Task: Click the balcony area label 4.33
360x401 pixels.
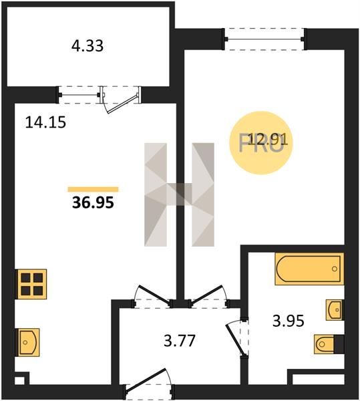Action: (87, 46)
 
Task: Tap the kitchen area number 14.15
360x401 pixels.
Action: (45, 122)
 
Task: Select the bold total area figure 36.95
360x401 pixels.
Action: (93, 203)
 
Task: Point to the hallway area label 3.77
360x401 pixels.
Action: (180, 341)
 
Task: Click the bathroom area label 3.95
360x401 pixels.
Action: (289, 321)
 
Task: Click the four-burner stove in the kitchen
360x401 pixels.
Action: (31, 284)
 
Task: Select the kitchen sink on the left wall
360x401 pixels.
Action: (28, 342)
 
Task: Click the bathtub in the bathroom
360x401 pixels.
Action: (309, 269)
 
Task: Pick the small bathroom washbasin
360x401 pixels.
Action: (335, 310)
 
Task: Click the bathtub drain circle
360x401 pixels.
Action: (335, 269)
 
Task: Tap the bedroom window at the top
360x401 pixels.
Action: (264, 39)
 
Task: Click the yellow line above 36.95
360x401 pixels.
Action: (93, 189)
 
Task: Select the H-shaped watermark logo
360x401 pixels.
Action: (180, 194)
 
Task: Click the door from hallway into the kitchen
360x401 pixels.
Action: (152, 296)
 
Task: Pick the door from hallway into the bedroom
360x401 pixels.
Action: (208, 296)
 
